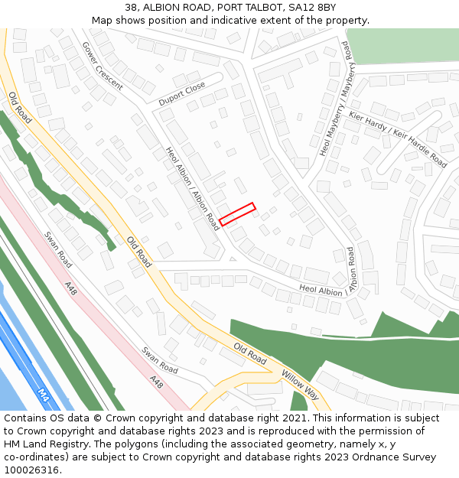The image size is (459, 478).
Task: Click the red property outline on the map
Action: [237, 214]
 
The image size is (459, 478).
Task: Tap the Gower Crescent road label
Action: [103, 66]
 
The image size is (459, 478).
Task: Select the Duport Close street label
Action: [182, 93]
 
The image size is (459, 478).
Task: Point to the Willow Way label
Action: [301, 384]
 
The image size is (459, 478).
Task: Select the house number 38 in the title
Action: [131, 8]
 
